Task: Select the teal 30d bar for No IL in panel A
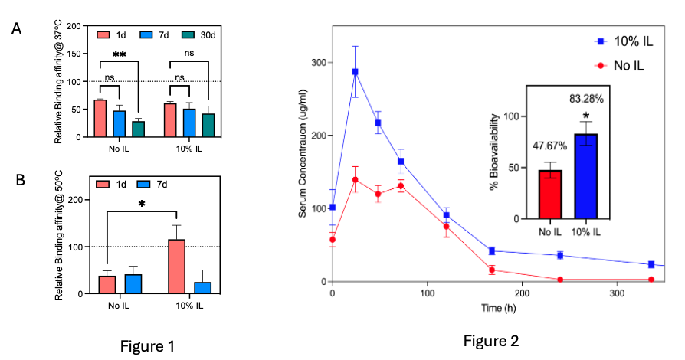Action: pyautogui.click(x=138, y=129)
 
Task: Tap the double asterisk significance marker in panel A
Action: pyautogui.click(x=119, y=55)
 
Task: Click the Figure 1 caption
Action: pyautogui.click(x=147, y=346)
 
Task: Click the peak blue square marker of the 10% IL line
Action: pyautogui.click(x=355, y=72)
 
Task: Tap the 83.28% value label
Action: pyautogui.click(x=585, y=99)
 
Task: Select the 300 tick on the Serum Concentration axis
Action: pyautogui.click(x=317, y=64)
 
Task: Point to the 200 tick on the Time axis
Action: pyautogui.click(x=523, y=293)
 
